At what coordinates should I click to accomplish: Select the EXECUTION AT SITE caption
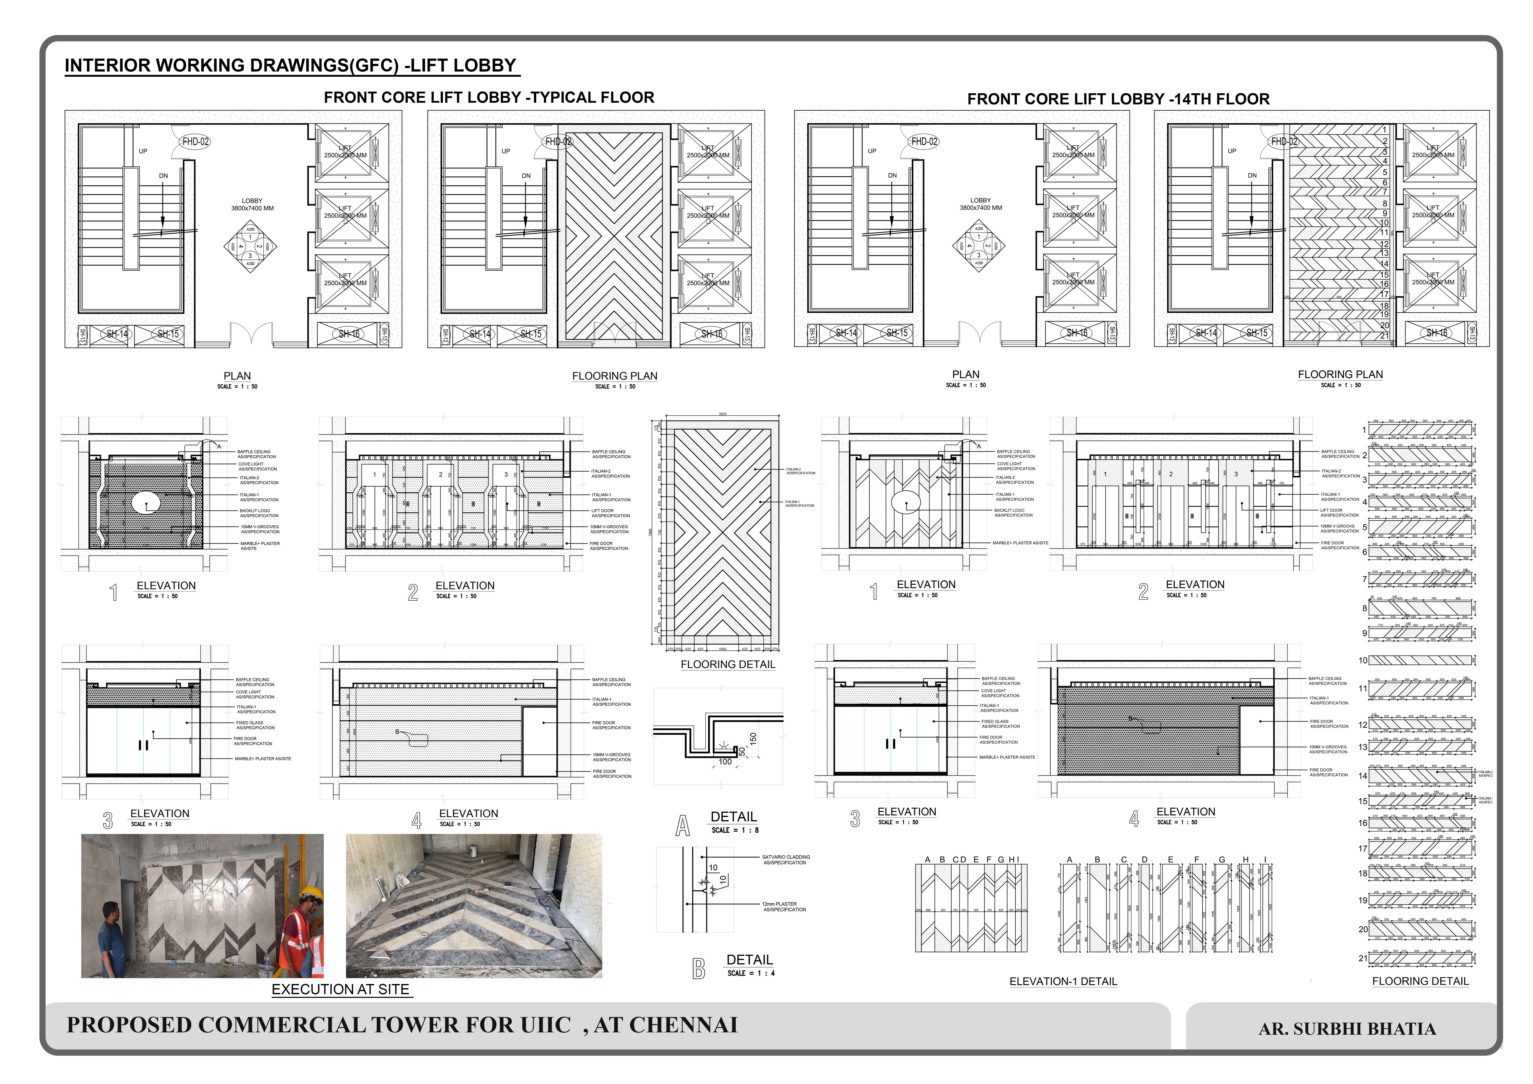tap(341, 989)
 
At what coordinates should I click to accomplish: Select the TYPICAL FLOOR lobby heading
tap(489, 97)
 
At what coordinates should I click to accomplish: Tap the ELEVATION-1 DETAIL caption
tap(1063, 981)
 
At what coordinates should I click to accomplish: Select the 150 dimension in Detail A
tap(753, 738)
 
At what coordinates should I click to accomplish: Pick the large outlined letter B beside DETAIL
tap(698, 968)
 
